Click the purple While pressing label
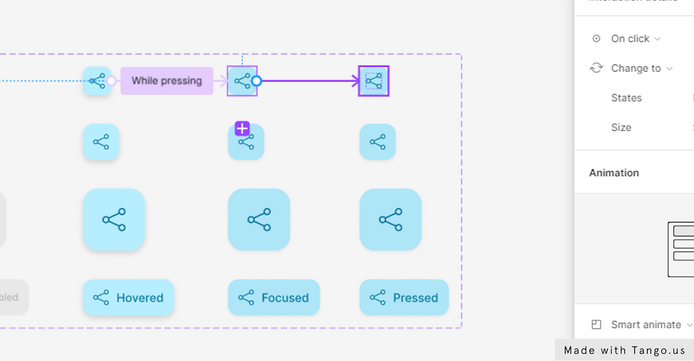167,81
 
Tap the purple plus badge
242,128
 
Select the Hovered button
128,298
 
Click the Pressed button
404,298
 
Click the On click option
630,39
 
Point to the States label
626,98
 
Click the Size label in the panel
621,128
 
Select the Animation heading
614,173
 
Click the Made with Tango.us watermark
624,351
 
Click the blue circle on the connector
256,81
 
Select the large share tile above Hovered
114,219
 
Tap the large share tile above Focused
259,219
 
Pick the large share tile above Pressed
390,219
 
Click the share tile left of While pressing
97,81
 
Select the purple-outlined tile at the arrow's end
373,81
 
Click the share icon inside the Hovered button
101,298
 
